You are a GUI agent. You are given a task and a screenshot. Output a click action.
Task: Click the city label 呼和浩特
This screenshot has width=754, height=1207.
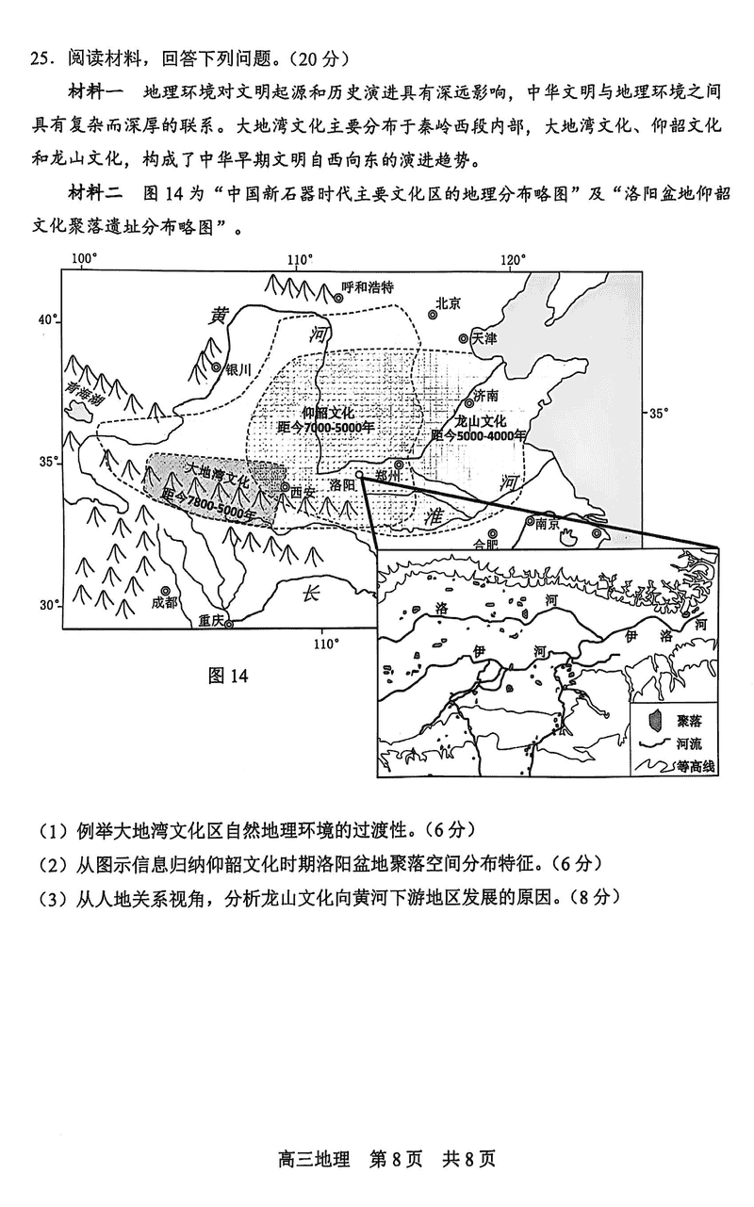pyautogui.click(x=367, y=286)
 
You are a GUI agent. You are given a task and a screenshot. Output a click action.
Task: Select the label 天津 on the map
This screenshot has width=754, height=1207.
pyautogui.click(x=484, y=336)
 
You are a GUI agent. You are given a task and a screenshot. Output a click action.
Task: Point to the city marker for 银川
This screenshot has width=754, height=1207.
pyautogui.click(x=217, y=368)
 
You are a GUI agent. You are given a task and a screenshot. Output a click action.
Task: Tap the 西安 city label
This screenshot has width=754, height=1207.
pyautogui.click(x=302, y=491)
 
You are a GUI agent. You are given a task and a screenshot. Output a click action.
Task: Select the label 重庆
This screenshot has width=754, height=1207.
pyautogui.click(x=211, y=621)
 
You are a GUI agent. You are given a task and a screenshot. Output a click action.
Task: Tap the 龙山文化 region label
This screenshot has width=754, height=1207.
pyautogui.click(x=480, y=421)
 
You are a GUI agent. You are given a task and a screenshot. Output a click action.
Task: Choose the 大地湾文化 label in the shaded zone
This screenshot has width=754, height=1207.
pyautogui.click(x=216, y=474)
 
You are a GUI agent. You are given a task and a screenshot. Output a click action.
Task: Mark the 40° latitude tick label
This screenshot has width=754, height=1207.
pyautogui.click(x=48, y=319)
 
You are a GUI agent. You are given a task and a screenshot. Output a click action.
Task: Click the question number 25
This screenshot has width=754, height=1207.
pyautogui.click(x=40, y=58)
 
